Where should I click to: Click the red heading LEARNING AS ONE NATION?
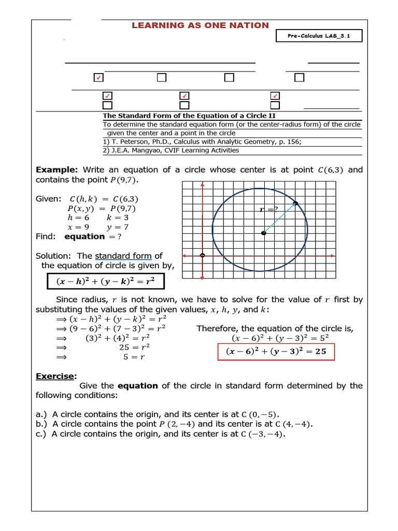pyautogui.click(x=200, y=25)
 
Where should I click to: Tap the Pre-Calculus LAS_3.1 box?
pyautogui.click(x=318, y=35)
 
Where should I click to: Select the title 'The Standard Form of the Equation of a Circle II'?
pyautogui.click(x=192, y=116)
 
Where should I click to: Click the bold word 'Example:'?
pyautogui.click(x=56, y=170)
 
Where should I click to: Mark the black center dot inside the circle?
pyautogui.click(x=264, y=233)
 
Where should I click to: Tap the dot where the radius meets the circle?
pyautogui.click(x=295, y=203)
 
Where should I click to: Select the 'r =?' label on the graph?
pyautogui.click(x=269, y=209)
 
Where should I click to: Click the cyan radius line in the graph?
pyautogui.click(x=280, y=218)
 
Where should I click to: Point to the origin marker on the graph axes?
pyautogui.click(x=202, y=255)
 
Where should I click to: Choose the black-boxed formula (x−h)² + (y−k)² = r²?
pyautogui.click(x=105, y=282)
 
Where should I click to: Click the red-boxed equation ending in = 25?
pyautogui.click(x=276, y=352)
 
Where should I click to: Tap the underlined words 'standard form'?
pyautogui.click(x=123, y=256)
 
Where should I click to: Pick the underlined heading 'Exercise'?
pyautogui.click(x=56, y=376)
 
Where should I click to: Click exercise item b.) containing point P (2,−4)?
pyautogui.click(x=174, y=424)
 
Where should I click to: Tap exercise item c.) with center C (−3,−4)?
pyautogui.click(x=161, y=434)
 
